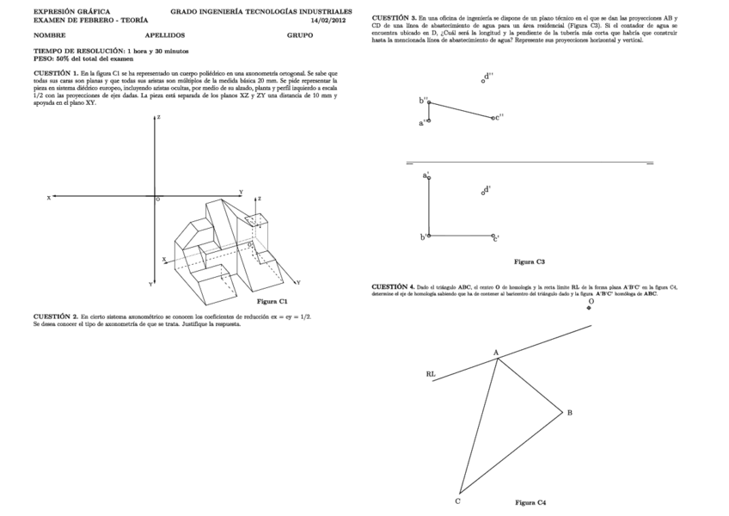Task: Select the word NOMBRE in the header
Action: pos(49,36)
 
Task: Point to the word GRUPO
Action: pos(300,36)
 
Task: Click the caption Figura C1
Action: pos(272,301)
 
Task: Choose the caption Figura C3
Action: pos(530,261)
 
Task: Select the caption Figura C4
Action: pos(530,501)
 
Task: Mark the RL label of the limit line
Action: pos(431,374)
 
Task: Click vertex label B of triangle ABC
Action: pos(569,413)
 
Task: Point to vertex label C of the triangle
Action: pos(457,501)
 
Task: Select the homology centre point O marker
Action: pos(589,308)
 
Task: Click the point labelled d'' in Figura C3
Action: pos(483,81)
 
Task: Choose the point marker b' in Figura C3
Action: pos(428,236)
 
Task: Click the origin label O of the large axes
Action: pos(157,200)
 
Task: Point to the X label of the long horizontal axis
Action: pos(49,197)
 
